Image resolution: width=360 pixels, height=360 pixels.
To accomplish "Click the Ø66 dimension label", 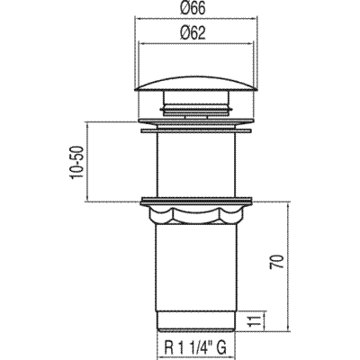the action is (x=193, y=8).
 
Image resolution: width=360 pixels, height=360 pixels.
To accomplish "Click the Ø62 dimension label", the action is (x=193, y=32).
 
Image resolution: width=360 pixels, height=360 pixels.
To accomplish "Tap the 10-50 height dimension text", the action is (x=76, y=162).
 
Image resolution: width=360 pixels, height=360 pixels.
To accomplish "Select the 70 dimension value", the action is (x=276, y=262).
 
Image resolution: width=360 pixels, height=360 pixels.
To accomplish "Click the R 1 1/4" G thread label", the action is (x=195, y=348).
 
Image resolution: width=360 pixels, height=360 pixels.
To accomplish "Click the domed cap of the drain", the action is (x=196, y=83).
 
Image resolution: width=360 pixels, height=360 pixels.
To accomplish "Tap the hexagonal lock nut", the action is (x=197, y=215).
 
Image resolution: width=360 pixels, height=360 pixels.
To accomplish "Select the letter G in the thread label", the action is (x=221, y=348).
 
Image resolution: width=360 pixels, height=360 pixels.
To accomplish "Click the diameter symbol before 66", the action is (x=186, y=8).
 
